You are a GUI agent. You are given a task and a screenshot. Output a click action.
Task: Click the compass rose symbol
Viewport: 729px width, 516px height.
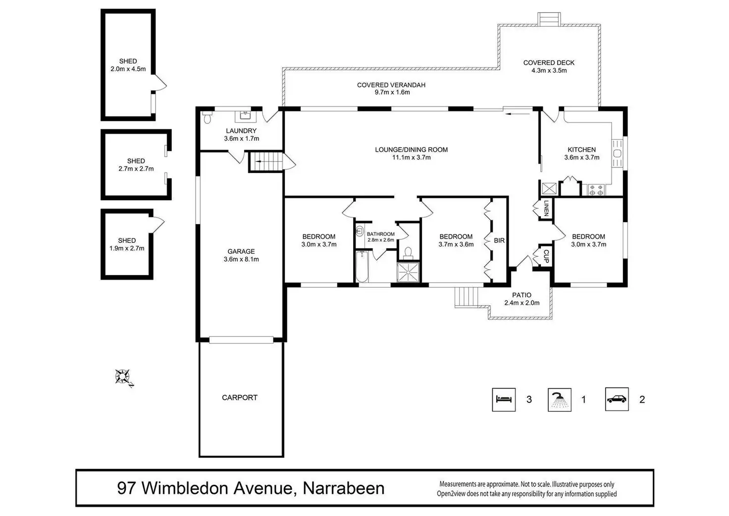[123, 377]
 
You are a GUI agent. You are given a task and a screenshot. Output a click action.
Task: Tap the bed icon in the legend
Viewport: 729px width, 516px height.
[504, 400]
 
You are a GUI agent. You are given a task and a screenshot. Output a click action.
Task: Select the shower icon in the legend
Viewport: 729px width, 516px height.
[560, 400]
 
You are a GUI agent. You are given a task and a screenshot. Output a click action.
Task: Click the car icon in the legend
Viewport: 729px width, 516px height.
[617, 400]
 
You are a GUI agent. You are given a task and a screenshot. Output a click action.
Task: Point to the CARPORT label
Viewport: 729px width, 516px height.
[240, 398]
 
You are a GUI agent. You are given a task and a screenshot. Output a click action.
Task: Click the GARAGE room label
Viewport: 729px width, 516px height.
[241, 251]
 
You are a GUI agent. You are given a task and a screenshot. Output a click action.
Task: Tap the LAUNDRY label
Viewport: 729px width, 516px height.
[241, 131]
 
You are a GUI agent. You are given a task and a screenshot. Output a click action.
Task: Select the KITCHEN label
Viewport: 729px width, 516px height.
[581, 150]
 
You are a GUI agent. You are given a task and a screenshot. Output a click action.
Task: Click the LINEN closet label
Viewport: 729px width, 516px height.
[546, 208]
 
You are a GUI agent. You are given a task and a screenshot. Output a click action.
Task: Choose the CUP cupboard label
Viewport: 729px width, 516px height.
[546, 256]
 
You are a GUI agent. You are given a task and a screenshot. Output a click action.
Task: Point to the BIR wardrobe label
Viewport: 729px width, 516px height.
[499, 240]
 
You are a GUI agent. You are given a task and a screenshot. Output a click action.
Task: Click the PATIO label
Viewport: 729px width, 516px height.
[521, 295]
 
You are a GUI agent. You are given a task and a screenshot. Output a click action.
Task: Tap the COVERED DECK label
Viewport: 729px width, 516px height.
[549, 63]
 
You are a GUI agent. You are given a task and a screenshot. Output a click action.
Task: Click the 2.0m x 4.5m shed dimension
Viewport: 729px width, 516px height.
[128, 69]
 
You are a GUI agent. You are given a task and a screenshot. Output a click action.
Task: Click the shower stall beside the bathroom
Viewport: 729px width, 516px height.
[408, 272]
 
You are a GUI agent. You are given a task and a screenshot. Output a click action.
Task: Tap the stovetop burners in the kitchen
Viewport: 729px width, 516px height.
[595, 189]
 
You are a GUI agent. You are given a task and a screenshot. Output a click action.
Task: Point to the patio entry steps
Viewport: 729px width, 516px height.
[467, 297]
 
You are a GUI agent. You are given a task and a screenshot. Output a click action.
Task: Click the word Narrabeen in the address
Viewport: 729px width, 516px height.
[343, 488]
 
